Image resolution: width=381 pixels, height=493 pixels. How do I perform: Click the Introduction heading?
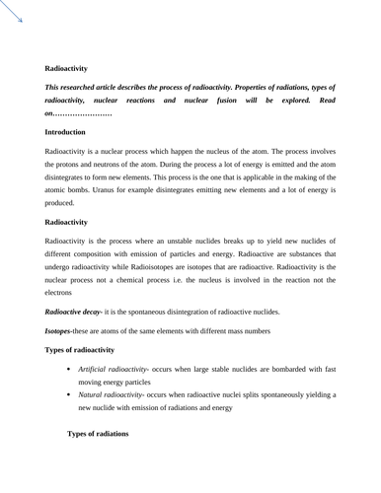(71, 131)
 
